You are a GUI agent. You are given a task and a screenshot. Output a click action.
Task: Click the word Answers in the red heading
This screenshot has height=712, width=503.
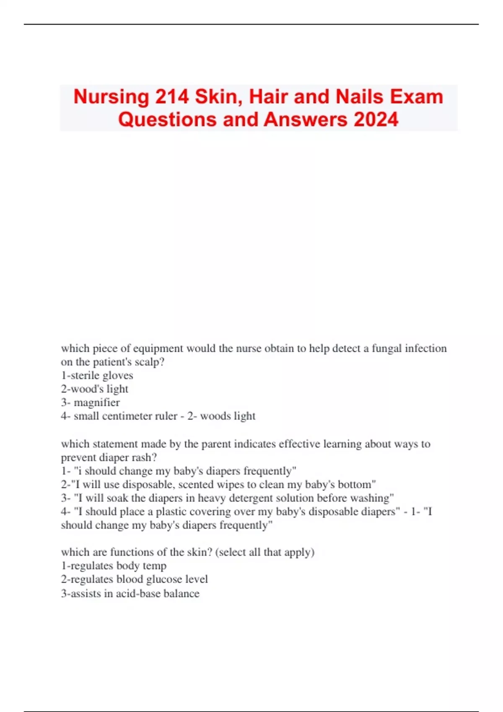click(305, 119)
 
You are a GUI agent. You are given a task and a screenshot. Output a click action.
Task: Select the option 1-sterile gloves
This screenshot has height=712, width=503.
click(97, 375)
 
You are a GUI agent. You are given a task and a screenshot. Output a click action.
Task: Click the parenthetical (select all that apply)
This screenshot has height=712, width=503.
click(264, 552)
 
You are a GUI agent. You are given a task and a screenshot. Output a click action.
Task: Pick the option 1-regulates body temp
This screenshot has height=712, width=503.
click(114, 566)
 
